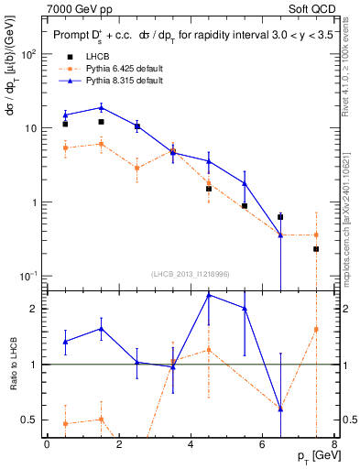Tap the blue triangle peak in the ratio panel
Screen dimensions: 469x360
point(209,295)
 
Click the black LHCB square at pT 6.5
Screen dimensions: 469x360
point(280,217)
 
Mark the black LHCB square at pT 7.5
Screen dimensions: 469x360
point(316,249)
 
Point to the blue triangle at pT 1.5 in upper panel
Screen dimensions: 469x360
point(101,107)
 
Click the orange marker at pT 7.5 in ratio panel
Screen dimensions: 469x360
point(316,329)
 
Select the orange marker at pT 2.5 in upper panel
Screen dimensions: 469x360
point(136,168)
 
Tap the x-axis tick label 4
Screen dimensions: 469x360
point(191,444)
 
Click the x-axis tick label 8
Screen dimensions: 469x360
point(333,444)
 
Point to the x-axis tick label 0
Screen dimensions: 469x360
point(47,444)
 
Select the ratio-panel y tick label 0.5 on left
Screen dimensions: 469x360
point(29,420)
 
